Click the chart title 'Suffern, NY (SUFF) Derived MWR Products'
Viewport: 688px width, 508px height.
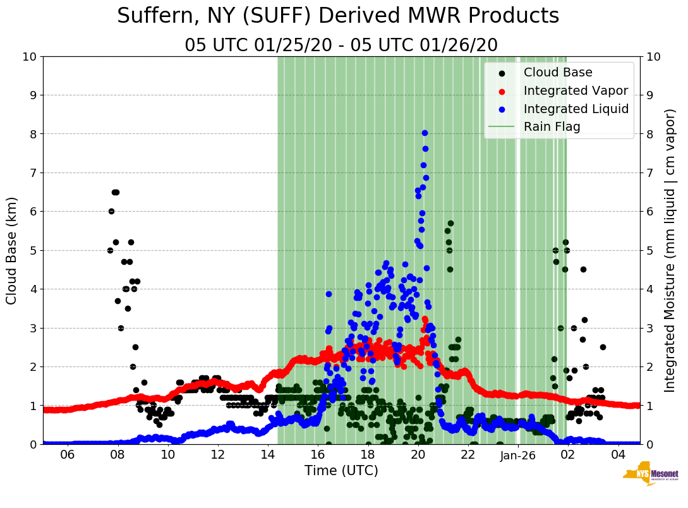[x=338, y=16]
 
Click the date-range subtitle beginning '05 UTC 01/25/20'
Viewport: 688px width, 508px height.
[x=341, y=45]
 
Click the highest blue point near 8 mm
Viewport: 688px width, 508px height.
[x=425, y=133]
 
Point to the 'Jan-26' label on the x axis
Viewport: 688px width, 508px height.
[x=518, y=455]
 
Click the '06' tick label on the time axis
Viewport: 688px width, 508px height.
[x=68, y=455]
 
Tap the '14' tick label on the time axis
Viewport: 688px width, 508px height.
[x=268, y=455]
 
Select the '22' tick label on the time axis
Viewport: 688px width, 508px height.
[x=468, y=455]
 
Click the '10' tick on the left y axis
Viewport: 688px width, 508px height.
[x=29, y=57]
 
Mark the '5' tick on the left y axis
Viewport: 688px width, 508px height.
[x=33, y=250]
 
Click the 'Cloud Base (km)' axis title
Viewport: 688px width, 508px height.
[x=12, y=250]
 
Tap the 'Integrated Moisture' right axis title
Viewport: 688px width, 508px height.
[x=671, y=250]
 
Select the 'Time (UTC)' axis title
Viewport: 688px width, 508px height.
[x=341, y=471]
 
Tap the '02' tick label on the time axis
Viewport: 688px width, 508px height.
[x=568, y=455]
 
